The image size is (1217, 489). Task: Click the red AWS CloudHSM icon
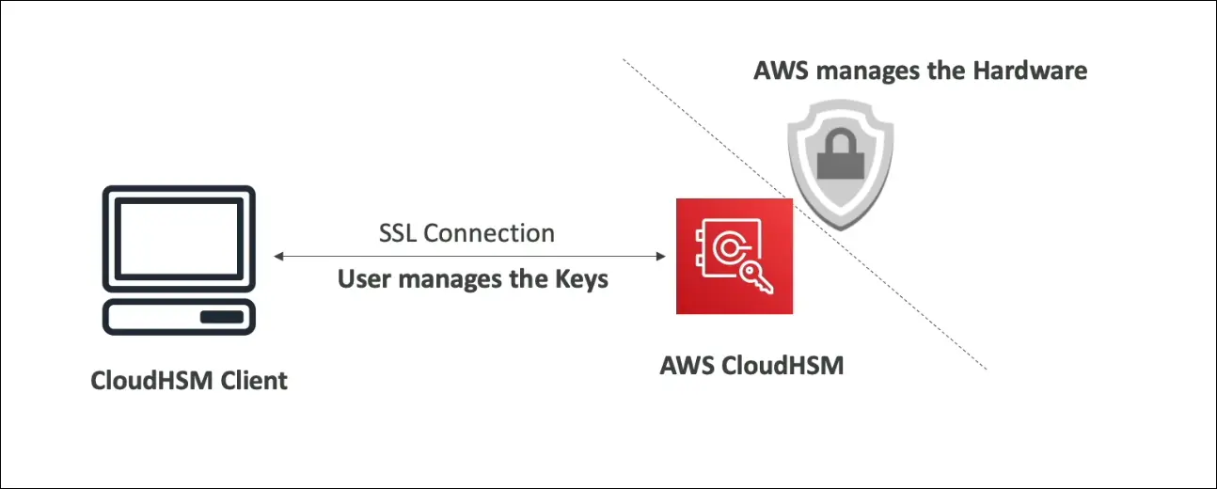(x=734, y=256)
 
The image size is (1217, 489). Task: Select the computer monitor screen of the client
(x=179, y=239)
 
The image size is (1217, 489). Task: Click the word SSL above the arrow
(x=398, y=233)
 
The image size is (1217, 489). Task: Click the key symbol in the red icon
(x=751, y=275)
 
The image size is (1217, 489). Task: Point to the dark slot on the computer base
(x=221, y=317)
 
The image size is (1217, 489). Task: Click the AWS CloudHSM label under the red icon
(x=751, y=366)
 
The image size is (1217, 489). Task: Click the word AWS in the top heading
(x=780, y=71)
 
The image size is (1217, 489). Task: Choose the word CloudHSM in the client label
(x=148, y=381)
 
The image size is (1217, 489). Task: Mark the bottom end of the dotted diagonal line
(x=985, y=368)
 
